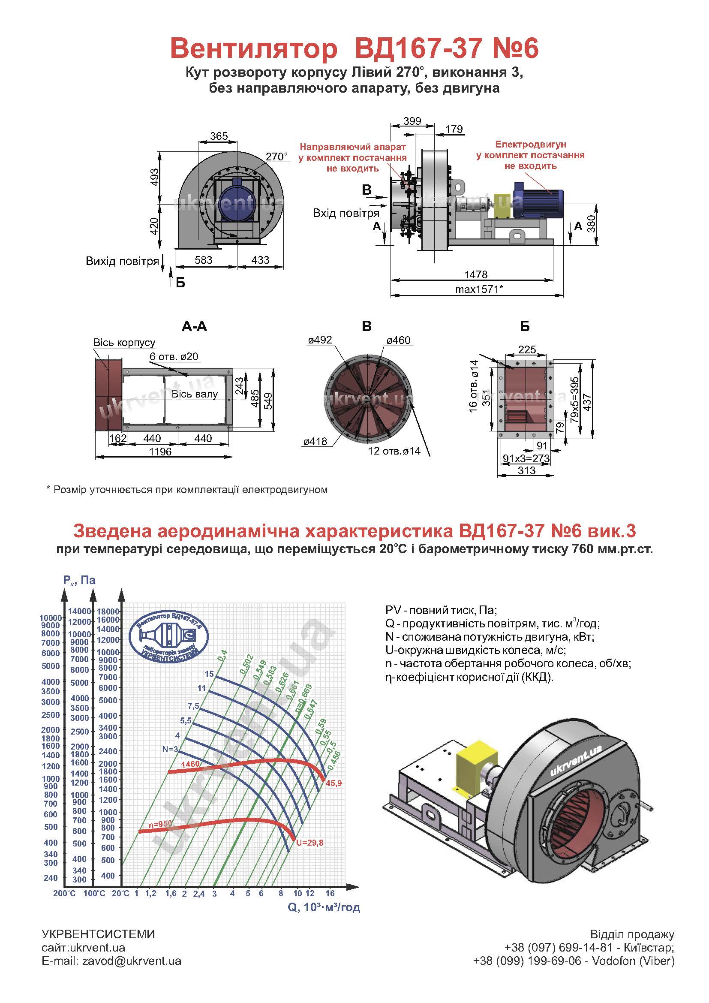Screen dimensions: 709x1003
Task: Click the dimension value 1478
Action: click(476, 274)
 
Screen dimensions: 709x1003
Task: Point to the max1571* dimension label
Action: click(479, 289)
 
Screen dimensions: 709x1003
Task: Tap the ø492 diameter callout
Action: click(320, 340)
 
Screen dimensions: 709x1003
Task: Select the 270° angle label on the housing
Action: click(277, 157)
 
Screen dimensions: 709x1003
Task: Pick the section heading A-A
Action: click(194, 326)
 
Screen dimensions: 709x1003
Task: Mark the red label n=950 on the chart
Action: click(160, 824)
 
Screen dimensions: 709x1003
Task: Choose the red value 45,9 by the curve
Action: click(333, 783)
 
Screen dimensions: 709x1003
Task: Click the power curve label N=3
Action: click(170, 749)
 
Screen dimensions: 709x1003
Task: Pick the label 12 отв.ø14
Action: click(394, 451)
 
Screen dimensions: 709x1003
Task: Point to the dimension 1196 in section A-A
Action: click(160, 451)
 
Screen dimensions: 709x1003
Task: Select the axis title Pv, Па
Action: click(79, 580)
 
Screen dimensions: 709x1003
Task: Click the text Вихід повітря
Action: click(122, 261)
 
